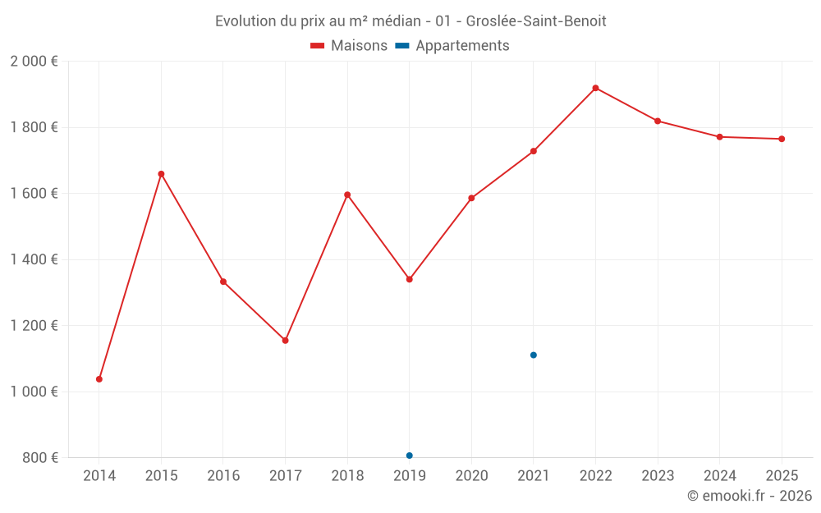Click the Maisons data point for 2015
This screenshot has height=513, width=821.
click(161, 174)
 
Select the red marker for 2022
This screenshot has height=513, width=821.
click(595, 88)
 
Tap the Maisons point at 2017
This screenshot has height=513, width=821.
click(285, 340)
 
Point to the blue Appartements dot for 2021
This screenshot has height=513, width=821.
click(534, 355)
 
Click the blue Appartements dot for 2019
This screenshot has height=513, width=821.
click(409, 456)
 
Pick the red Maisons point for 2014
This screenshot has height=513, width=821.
click(99, 379)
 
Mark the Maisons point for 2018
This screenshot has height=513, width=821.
click(347, 195)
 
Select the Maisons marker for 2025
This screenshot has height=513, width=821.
click(782, 139)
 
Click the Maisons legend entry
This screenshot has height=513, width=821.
click(349, 46)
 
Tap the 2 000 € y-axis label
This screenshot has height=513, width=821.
click(34, 62)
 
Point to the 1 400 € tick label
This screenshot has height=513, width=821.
click(34, 259)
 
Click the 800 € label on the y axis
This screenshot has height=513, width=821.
click(39, 457)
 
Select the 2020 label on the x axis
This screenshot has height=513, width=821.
click(471, 476)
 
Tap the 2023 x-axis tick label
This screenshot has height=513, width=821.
click(658, 476)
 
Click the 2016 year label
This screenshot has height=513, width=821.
click(223, 476)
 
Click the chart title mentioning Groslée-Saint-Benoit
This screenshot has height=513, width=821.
click(410, 21)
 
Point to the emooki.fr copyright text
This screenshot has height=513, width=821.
click(749, 496)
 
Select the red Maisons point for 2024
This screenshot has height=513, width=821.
click(719, 137)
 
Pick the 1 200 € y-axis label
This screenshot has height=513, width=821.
click(34, 325)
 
